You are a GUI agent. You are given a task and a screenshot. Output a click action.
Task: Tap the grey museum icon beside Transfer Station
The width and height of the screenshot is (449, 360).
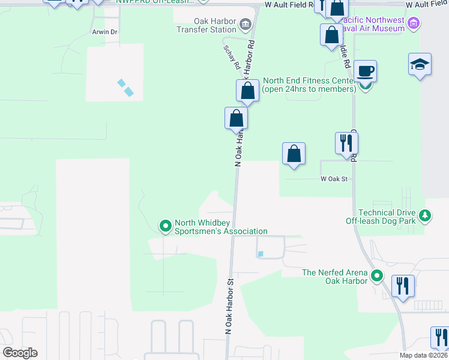[245, 24]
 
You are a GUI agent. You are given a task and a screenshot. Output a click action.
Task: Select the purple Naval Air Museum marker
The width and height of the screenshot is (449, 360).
[412, 24]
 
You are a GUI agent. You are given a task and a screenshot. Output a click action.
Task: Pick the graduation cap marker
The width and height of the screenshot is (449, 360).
[420, 65]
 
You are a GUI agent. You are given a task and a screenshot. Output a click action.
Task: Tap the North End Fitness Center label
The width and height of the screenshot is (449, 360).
[309, 85]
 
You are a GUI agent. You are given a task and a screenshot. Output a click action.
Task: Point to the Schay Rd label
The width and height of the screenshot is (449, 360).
[232, 57]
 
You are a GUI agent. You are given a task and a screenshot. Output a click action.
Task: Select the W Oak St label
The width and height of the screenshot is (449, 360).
[334, 179]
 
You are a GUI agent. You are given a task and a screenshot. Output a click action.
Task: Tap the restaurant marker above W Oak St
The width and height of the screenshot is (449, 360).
[346, 143]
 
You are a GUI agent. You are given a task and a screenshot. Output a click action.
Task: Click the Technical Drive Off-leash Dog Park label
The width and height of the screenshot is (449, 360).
[387, 217]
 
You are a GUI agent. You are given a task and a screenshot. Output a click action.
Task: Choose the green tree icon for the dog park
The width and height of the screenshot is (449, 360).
[425, 215]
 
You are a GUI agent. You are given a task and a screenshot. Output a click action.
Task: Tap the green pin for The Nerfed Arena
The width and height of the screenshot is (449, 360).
[377, 277]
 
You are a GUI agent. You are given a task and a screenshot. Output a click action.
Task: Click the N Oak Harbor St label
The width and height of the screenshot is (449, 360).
[229, 306]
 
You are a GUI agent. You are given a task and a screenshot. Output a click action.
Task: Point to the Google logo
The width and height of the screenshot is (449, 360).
[20, 353]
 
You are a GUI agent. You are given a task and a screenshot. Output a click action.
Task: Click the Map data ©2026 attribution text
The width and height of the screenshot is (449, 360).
[424, 355]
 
